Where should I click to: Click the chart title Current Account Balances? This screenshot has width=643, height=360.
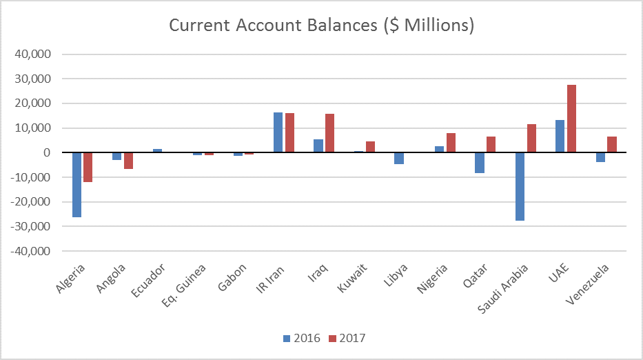(321, 26)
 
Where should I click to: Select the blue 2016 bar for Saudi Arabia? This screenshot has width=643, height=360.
(520, 186)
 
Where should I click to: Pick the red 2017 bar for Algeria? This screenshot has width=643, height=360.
(88, 167)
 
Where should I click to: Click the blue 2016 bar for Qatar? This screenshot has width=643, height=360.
(480, 163)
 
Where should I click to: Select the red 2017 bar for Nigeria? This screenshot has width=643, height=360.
(450, 143)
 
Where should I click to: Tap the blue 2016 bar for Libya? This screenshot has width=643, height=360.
(399, 158)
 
